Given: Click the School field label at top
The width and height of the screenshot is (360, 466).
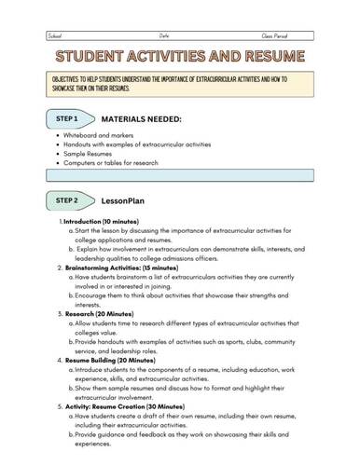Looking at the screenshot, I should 56,34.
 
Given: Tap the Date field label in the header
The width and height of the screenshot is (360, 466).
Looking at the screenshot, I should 164,34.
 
